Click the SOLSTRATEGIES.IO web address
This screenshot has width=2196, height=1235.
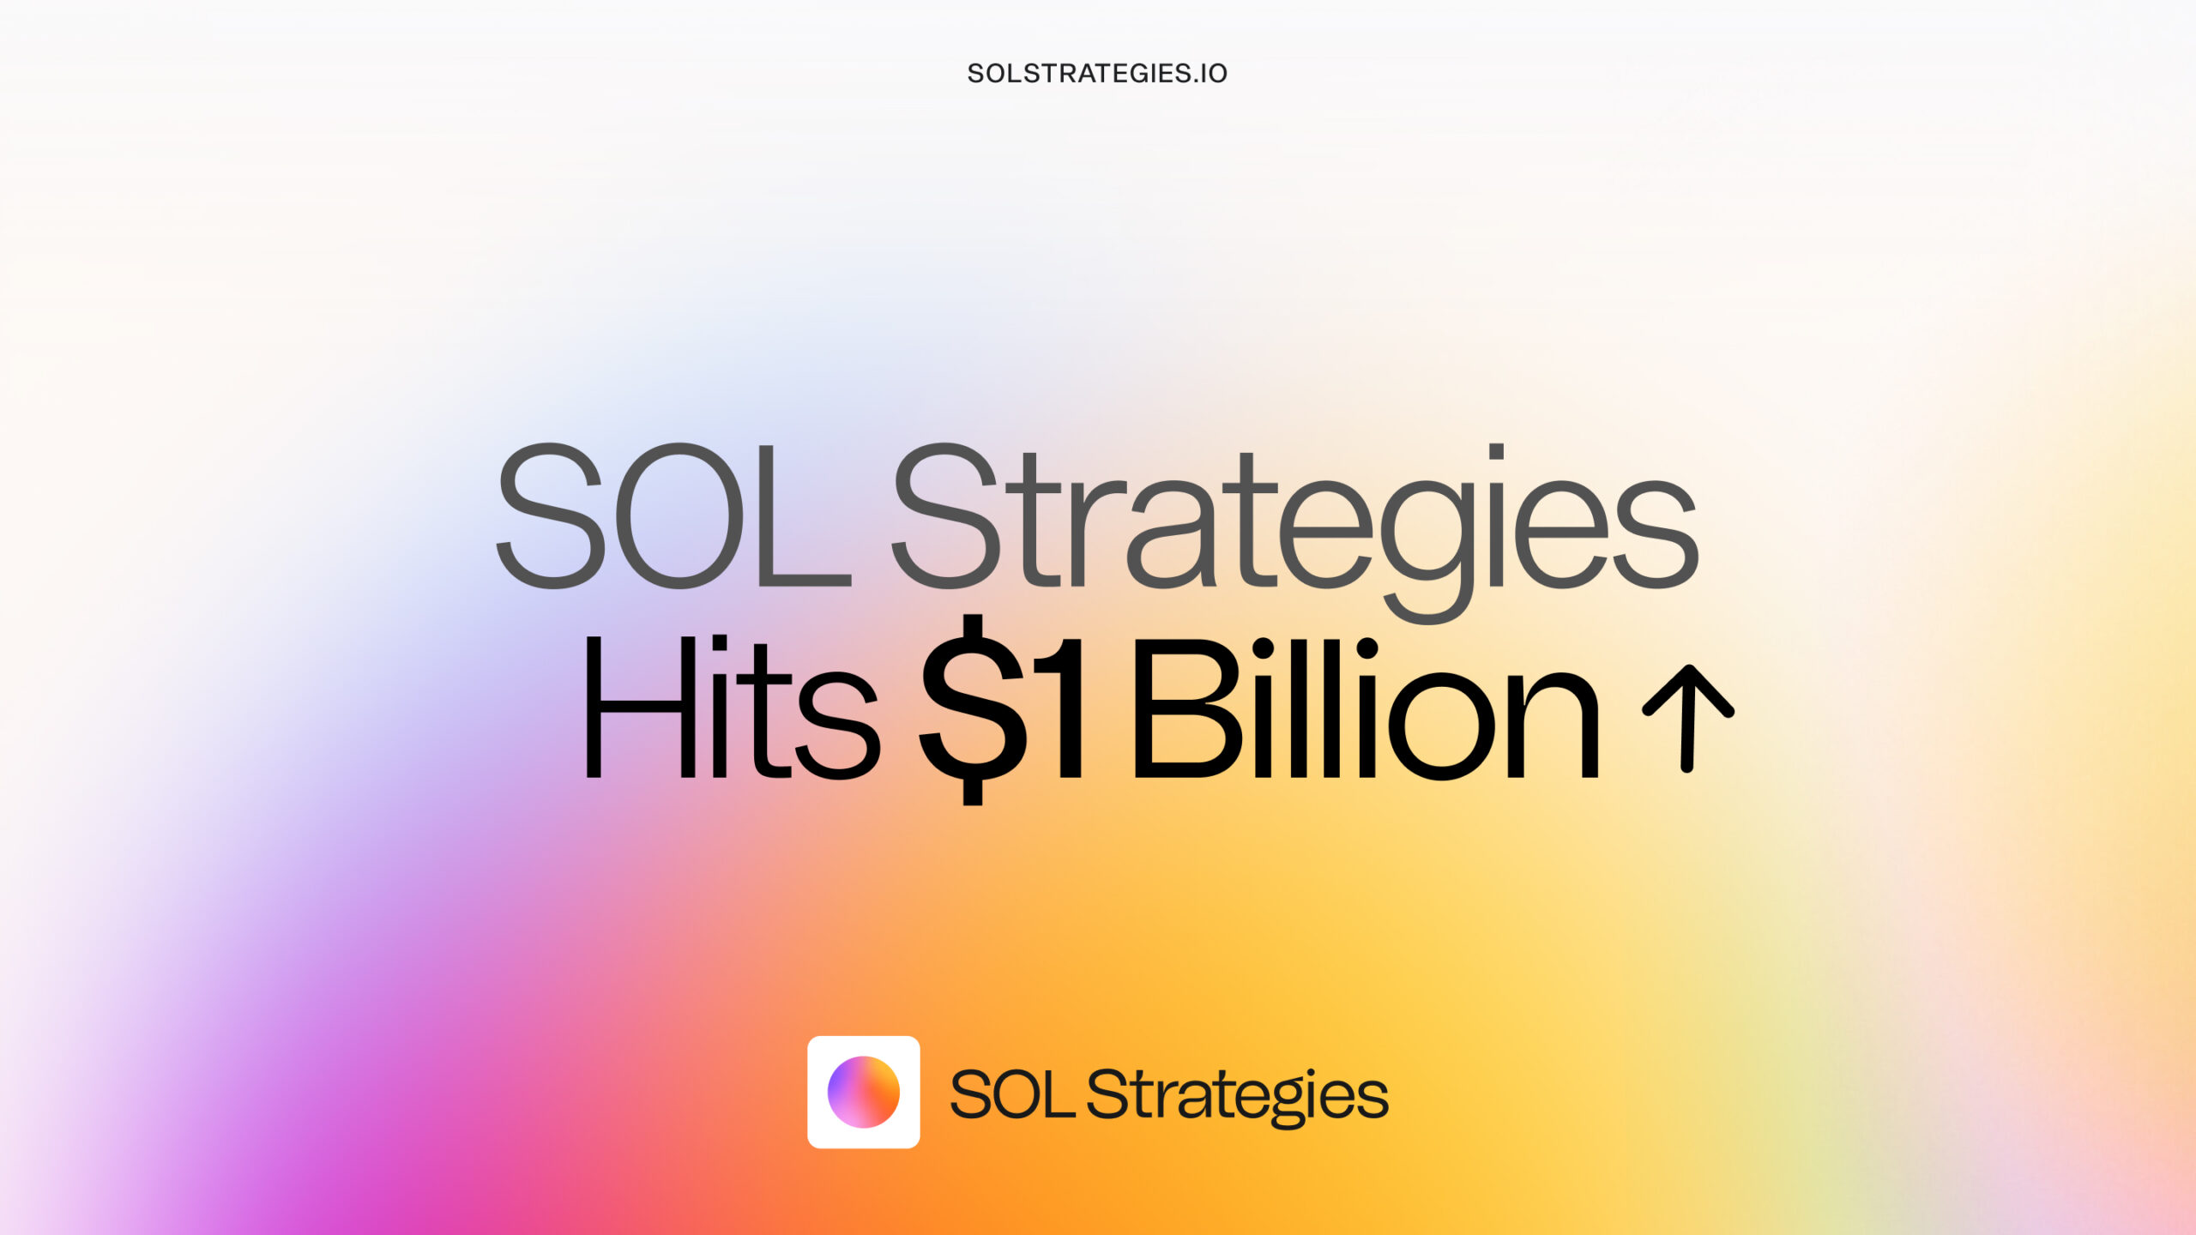pyautogui.click(x=1097, y=74)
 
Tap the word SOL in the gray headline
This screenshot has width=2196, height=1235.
pyautogui.click(x=674, y=515)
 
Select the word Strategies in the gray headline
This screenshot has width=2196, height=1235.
pyautogui.click(x=1294, y=533)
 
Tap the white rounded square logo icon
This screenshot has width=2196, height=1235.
pyautogui.click(x=864, y=1092)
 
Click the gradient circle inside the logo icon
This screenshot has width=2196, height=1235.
pyautogui.click(x=864, y=1092)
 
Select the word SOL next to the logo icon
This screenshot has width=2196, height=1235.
pyautogui.click(x=1012, y=1093)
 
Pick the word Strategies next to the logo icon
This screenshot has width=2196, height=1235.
pyautogui.click(x=1238, y=1098)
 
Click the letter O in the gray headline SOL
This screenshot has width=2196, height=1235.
pyautogui.click(x=679, y=515)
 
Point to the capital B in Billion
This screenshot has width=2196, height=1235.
pyautogui.click(x=1189, y=708)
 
